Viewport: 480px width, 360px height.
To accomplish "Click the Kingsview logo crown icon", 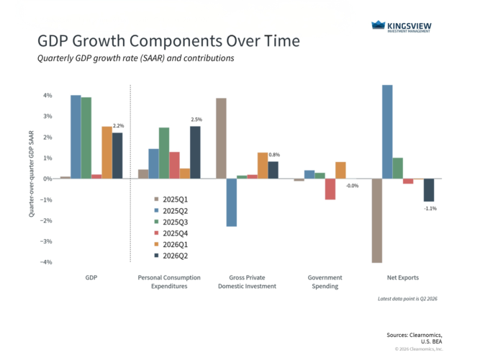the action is [x=378, y=24].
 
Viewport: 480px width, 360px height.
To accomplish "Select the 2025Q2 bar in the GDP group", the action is [x=76, y=137].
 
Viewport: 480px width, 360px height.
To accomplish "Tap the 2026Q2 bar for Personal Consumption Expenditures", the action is [x=195, y=153].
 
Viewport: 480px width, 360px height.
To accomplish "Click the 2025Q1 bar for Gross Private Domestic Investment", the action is [x=222, y=138].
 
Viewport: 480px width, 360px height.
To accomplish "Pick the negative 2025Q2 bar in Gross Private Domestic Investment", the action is [x=232, y=202].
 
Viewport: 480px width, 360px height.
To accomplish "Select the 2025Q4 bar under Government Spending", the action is [x=330, y=189].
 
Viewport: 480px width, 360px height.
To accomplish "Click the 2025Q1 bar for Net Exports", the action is [x=377, y=220].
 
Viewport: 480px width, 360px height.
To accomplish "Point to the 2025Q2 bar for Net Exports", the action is [x=388, y=132].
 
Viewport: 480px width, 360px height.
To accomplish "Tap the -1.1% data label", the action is [x=430, y=208].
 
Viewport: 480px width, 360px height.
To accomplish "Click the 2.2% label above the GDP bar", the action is [x=119, y=125].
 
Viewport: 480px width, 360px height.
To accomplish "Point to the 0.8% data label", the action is [x=274, y=155].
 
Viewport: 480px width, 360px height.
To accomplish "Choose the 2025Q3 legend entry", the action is [x=171, y=222].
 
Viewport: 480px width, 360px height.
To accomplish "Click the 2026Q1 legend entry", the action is [x=171, y=245].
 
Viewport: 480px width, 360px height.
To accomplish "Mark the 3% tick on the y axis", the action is [x=47, y=116].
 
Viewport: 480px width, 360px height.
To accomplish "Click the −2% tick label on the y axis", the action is [x=46, y=220].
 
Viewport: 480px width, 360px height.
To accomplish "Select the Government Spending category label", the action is [x=325, y=282].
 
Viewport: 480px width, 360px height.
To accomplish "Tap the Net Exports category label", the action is [x=403, y=278].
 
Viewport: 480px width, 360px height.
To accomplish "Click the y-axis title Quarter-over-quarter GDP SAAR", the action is [x=31, y=174].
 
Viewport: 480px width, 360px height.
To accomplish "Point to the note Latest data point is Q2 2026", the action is [x=407, y=299].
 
